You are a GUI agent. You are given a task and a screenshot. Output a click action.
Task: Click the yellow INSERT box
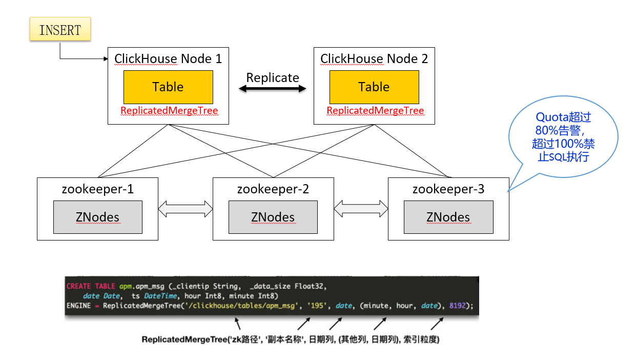pos(60,29)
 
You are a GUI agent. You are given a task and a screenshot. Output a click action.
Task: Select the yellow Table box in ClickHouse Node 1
pos(169,87)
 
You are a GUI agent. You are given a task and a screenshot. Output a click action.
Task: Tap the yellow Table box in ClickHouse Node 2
pos(374,87)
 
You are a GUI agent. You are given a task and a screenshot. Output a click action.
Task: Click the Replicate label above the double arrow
pos(273,77)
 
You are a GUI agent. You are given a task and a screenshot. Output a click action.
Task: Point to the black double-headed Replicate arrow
pos(273,89)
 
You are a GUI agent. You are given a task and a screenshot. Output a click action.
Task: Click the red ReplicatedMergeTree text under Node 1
pos(169,110)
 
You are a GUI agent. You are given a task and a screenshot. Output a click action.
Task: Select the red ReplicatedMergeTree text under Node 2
pos(375,110)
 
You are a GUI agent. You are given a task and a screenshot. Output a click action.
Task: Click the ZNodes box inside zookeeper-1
pos(98,217)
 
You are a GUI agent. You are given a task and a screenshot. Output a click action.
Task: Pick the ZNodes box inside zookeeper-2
pos(273,217)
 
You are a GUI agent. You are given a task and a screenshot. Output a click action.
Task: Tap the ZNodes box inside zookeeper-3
pos(448,217)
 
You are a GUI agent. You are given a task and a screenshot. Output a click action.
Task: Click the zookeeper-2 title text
pos(273,189)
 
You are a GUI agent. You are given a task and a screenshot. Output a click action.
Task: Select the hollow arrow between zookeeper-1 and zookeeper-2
pos(186,209)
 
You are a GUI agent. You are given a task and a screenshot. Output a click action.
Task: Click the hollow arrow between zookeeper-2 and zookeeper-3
pos(361,209)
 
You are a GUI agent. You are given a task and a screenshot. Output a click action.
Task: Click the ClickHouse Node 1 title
pos(168,59)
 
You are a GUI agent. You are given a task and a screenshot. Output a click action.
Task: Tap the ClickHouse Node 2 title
pos(374,59)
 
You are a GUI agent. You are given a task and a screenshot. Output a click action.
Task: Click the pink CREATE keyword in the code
pos(78,286)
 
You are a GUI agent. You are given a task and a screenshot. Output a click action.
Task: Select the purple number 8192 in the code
pos(458,306)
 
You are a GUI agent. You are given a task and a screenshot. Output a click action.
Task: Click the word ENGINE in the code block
pos(78,306)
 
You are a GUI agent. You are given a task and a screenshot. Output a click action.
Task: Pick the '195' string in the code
pos(317,306)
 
